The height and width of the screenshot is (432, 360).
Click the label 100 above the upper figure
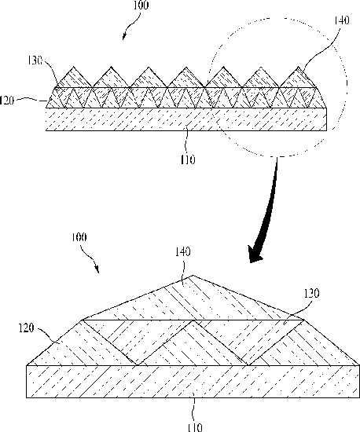tap(141, 5)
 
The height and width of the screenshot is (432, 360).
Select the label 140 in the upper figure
tap(342, 20)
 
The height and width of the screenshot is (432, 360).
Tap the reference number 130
tap(35, 60)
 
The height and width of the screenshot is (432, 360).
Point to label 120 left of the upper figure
tap(7, 101)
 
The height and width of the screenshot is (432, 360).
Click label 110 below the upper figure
tap(188, 159)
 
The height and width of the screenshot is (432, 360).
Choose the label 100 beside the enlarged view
tap(79, 237)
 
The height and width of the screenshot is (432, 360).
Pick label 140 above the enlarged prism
tap(183, 251)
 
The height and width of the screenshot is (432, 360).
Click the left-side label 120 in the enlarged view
tap(26, 328)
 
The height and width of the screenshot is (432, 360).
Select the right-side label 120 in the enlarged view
tap(312, 294)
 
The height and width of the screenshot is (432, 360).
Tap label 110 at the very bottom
tap(195, 427)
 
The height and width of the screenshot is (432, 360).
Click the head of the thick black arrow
tap(255, 254)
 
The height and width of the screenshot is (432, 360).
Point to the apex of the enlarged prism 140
tap(193, 275)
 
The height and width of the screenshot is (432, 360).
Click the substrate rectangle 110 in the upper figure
tap(186, 119)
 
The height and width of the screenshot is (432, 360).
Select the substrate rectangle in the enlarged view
tap(193, 382)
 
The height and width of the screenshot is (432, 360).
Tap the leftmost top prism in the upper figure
tap(74, 79)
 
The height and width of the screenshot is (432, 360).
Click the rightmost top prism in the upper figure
tap(298, 79)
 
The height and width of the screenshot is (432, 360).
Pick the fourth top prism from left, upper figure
tap(186, 79)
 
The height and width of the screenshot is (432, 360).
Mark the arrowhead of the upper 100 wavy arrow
tap(124, 37)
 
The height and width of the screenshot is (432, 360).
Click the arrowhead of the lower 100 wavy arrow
tap(97, 269)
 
